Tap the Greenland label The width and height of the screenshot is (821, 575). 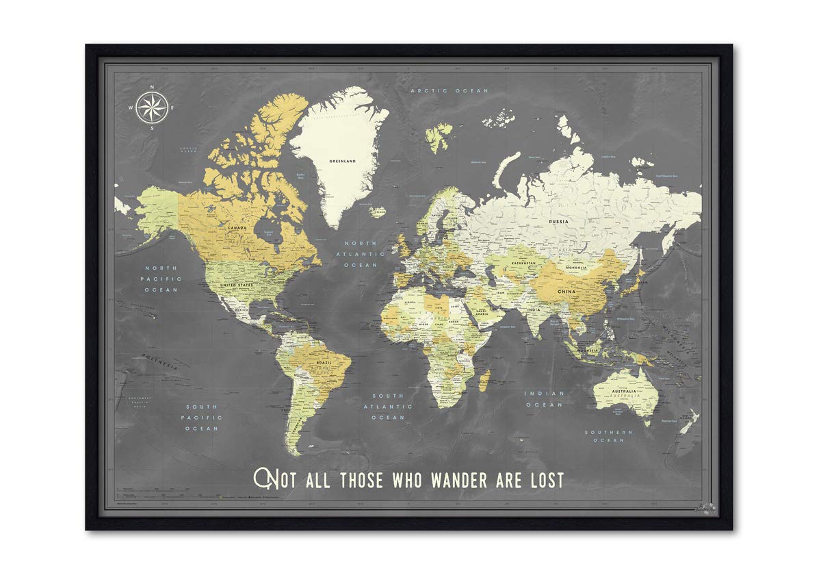[343, 162]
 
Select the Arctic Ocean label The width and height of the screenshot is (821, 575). [449, 90]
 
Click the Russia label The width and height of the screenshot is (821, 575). [559, 222]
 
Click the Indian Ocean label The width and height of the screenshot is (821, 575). [545, 399]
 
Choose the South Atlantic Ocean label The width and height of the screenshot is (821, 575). [388, 407]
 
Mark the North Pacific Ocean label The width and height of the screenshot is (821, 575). [160, 279]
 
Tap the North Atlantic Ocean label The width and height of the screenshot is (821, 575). [361, 254]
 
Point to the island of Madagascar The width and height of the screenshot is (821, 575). [484, 379]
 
